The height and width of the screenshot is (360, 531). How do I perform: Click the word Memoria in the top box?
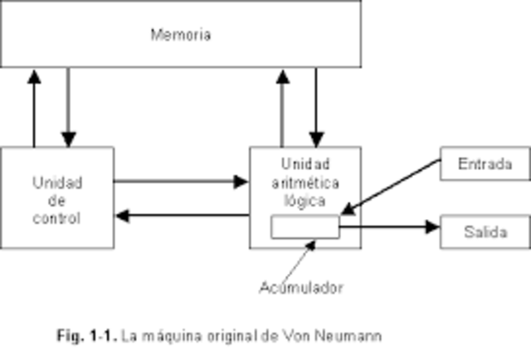pyautogui.click(x=181, y=35)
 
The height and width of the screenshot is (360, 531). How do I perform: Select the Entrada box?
pyautogui.click(x=485, y=163)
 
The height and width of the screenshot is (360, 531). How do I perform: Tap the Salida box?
pyautogui.click(x=485, y=231)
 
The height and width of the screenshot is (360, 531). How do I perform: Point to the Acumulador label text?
pyautogui.click(x=300, y=288)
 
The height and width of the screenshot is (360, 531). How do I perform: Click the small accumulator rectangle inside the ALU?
pyautogui.click(x=305, y=226)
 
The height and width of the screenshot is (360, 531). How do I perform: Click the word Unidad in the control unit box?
pyautogui.click(x=57, y=182)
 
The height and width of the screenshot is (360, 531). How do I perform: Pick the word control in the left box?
pyautogui.click(x=57, y=219)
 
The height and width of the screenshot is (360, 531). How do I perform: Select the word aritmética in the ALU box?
pyautogui.click(x=305, y=182)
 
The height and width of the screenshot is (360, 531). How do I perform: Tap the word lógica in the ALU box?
pyautogui.click(x=305, y=200)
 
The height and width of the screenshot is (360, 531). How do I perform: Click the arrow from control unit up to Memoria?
pyautogui.click(x=34, y=108)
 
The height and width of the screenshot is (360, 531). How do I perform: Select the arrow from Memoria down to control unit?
pyautogui.click(x=69, y=108)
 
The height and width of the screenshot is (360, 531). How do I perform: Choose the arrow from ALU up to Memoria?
pyautogui.click(x=282, y=108)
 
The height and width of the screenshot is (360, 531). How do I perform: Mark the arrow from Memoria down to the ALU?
pyautogui.click(x=315, y=108)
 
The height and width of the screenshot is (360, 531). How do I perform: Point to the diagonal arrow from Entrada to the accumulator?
pyautogui.click(x=390, y=187)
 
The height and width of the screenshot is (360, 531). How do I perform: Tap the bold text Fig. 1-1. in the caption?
pyautogui.click(x=87, y=337)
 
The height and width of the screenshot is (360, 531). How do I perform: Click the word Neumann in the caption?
pyautogui.click(x=355, y=337)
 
